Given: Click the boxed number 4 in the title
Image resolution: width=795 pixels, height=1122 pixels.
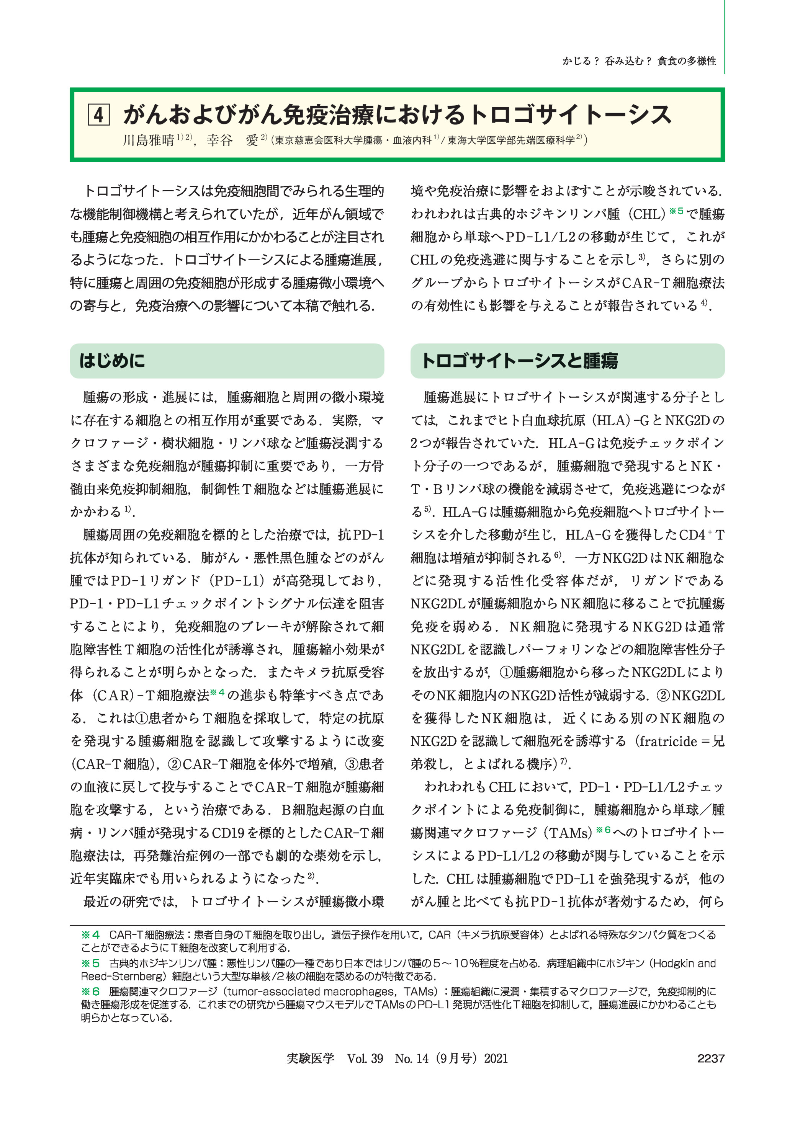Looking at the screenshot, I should (x=98, y=115).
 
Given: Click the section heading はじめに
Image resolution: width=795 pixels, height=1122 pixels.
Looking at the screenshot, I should (x=112, y=361).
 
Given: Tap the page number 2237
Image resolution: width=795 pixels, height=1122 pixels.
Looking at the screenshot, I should (x=710, y=1058).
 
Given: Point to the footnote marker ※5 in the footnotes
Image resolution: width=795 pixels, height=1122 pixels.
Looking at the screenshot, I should (x=90, y=964).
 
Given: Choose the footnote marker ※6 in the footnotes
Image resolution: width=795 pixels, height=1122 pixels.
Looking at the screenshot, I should (x=90, y=991).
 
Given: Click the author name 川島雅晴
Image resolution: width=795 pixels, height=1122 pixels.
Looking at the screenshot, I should (x=148, y=141).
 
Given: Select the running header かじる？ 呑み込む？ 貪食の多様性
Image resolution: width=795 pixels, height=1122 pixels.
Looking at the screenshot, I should (x=639, y=61).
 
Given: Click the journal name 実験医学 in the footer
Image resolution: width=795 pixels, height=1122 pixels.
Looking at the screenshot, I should (x=310, y=1058).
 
